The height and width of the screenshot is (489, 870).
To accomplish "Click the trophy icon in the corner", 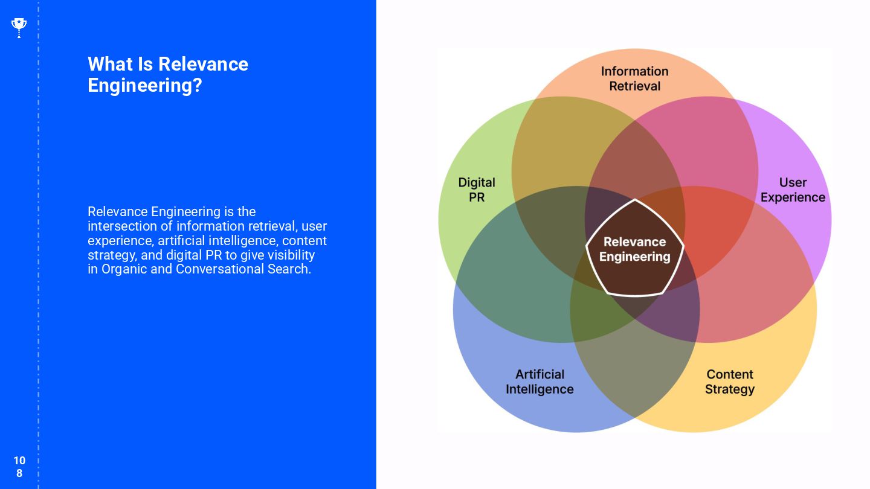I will point(19,27).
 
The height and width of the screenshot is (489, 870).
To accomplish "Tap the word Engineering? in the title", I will point(144,85).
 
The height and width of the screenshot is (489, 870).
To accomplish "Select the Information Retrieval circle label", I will point(634,78).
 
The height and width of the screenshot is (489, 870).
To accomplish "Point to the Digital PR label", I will point(477,190).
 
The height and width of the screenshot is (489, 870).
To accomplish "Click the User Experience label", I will point(793,190).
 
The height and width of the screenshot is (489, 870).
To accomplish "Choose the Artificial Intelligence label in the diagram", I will point(540,382).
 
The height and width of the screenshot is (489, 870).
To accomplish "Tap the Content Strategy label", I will point(730,382).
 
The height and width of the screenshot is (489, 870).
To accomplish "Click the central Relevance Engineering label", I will point(634,249).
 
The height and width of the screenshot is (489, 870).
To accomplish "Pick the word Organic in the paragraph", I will point(124,269).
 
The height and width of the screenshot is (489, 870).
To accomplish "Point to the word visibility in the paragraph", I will point(288,255).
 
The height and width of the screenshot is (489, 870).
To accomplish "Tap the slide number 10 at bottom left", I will point(19,461).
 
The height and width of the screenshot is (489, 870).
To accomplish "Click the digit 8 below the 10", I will point(19,473).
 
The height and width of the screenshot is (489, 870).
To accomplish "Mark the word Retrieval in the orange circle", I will point(634,86).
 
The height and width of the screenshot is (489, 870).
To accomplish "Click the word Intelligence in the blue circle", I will point(540,389).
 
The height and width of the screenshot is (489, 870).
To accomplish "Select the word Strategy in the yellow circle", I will point(730,389).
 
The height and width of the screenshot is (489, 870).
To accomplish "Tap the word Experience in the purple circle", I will point(793,197).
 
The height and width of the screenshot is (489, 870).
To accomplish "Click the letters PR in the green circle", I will point(477,197).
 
